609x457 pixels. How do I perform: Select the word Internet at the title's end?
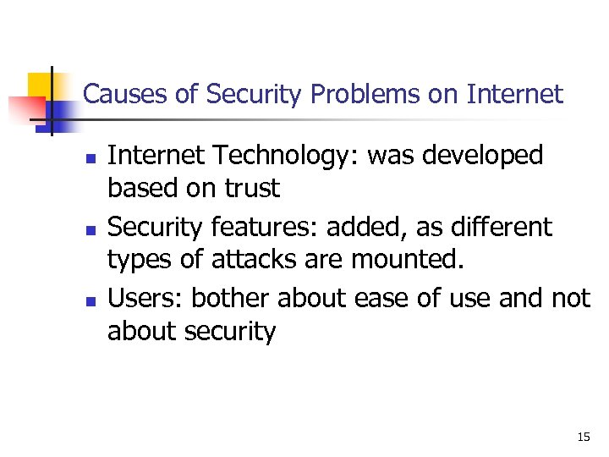click(514, 94)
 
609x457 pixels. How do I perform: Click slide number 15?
click(584, 437)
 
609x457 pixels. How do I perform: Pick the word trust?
click(252, 188)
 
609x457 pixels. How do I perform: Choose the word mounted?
click(412, 259)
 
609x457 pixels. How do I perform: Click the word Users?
click(145, 298)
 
